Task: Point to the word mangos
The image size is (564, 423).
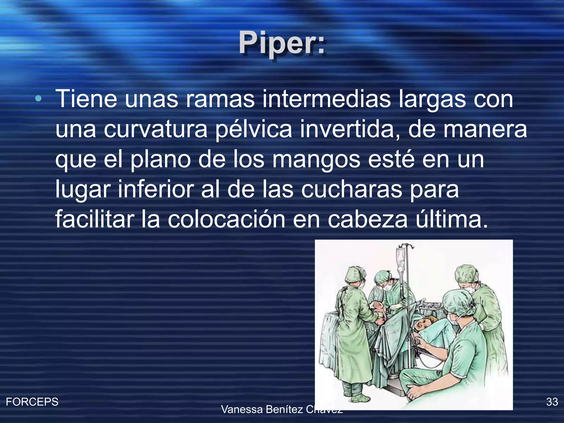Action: pos(316,160)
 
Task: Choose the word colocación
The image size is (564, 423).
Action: pos(226,219)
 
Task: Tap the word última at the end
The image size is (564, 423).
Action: pos(452,219)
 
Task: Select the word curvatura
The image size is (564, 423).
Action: pos(156,129)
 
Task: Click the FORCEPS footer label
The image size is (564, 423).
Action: pos(32,402)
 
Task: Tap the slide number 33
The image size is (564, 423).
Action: pos(552,402)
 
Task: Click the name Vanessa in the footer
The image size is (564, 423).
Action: pos(242,410)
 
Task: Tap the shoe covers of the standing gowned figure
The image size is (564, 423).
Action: pos(358,397)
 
